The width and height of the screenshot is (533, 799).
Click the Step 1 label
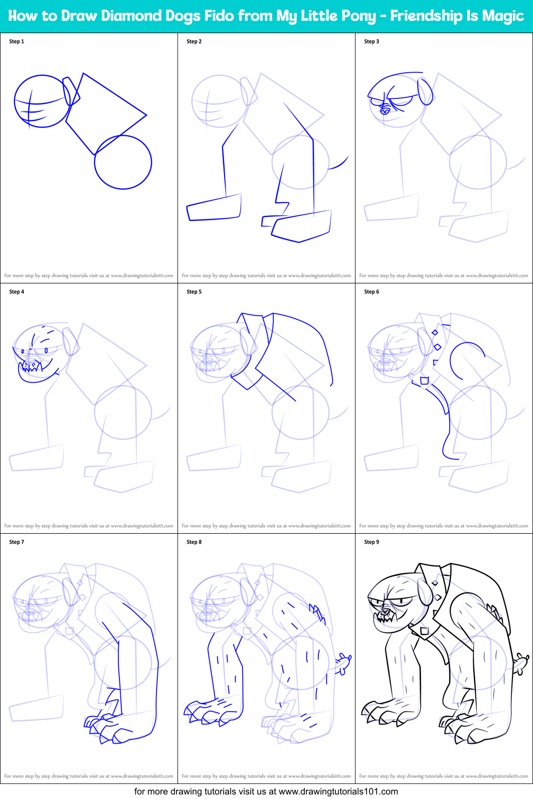[17, 42]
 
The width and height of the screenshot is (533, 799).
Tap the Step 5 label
[194, 292]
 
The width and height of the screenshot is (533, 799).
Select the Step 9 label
[372, 542]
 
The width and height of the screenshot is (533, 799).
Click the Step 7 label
[17, 542]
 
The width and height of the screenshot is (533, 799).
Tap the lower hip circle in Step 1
[123, 162]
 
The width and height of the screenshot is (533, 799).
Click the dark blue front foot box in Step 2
[214, 208]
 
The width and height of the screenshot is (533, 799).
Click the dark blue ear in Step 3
[426, 91]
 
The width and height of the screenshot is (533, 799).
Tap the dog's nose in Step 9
[384, 611]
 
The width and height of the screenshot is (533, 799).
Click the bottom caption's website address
[338, 791]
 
